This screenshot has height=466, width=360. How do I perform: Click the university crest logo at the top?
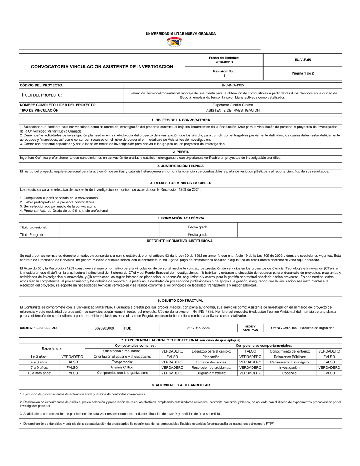[174, 42]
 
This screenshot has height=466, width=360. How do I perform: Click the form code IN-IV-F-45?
[302, 60]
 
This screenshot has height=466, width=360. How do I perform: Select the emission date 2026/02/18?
[224, 62]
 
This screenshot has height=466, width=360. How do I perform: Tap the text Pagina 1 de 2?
[302, 73]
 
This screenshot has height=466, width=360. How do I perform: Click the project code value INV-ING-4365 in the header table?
[233, 85]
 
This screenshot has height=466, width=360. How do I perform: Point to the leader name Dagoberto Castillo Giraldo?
[233, 105]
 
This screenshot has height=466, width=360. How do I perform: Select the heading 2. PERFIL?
[180, 152]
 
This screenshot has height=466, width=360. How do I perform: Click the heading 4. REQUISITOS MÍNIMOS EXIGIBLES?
[180, 183]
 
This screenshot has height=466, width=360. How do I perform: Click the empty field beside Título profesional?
[109, 227]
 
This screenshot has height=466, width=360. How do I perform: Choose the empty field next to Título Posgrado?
[109, 234]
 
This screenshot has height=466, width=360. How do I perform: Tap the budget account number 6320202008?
[104, 328]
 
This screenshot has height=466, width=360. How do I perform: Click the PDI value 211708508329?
[198, 328]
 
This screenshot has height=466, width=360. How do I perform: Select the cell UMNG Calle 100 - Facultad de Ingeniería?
[302, 328]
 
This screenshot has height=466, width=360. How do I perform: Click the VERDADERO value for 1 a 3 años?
[72, 357]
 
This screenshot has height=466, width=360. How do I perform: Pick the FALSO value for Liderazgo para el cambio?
[250, 351]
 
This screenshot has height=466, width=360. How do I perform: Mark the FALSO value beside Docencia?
[329, 373]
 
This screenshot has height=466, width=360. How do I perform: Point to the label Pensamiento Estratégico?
[289, 362]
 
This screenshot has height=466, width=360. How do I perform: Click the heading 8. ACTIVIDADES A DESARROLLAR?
[180, 385]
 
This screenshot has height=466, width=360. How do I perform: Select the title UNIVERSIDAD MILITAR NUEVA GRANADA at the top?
[180, 33]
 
